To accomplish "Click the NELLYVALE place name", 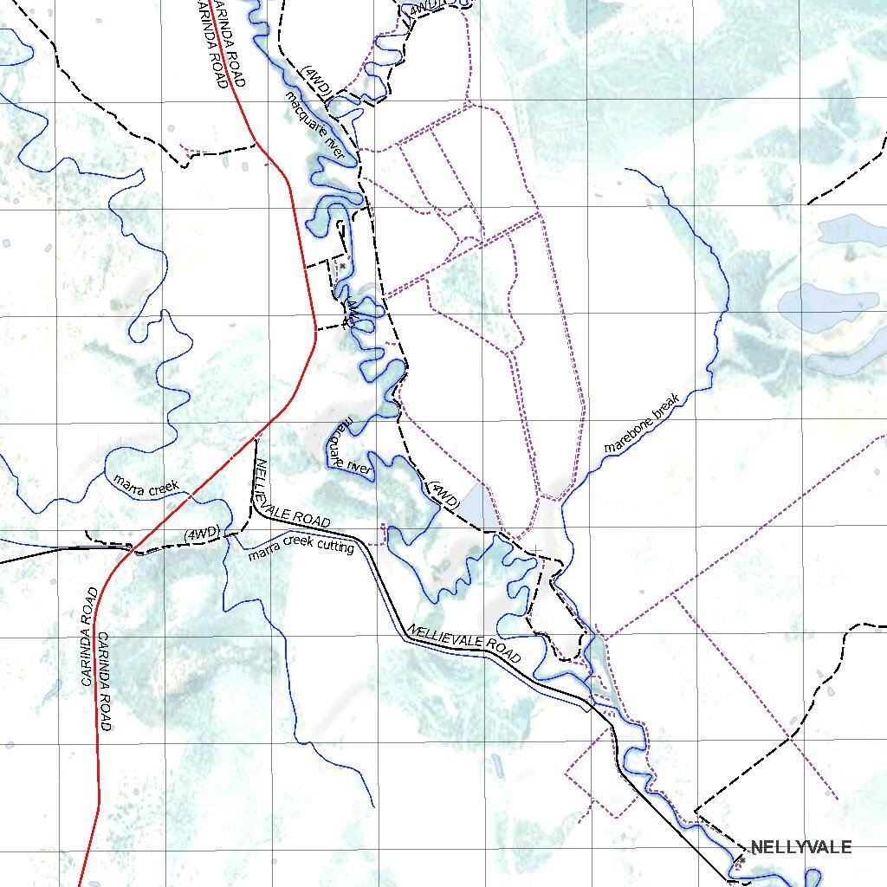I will (x=800, y=847).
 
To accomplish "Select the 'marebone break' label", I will (x=645, y=422).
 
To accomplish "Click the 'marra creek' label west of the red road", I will (x=146, y=483).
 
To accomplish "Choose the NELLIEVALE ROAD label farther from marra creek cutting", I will (x=464, y=644).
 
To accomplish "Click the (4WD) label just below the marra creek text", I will (x=201, y=534).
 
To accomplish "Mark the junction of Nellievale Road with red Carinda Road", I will (x=256, y=435).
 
